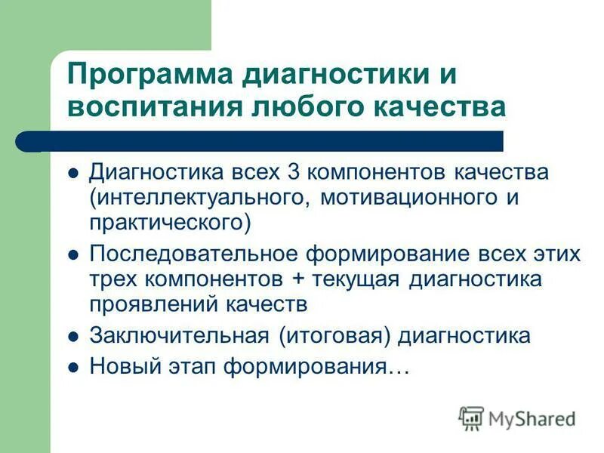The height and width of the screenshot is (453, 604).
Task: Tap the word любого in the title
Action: (304, 106)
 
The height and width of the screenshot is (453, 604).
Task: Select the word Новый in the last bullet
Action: (118, 367)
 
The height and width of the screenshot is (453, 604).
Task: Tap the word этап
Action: (180, 367)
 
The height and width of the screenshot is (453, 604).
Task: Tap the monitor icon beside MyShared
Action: (472, 418)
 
